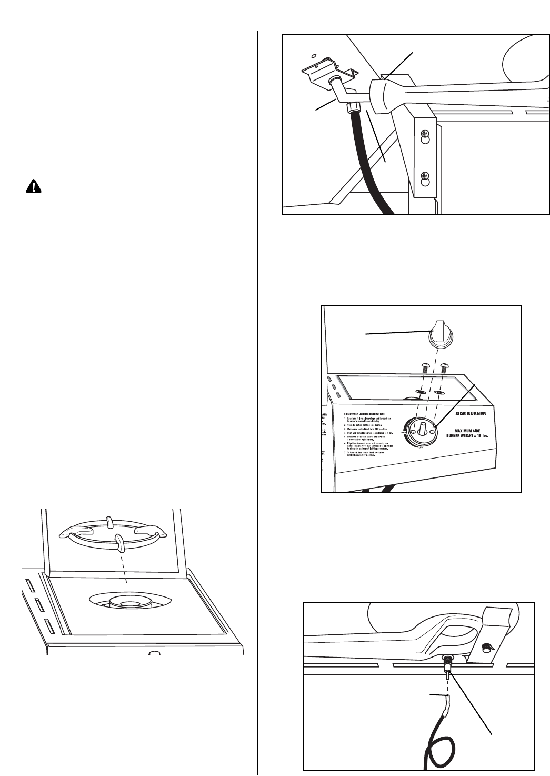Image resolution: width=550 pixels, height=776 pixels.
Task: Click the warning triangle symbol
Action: [x=33, y=187]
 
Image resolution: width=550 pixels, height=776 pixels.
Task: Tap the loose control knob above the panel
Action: [x=441, y=334]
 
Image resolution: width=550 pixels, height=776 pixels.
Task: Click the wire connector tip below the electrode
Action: [x=447, y=701]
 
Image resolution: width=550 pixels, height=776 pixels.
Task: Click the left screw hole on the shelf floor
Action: [x=421, y=392]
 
